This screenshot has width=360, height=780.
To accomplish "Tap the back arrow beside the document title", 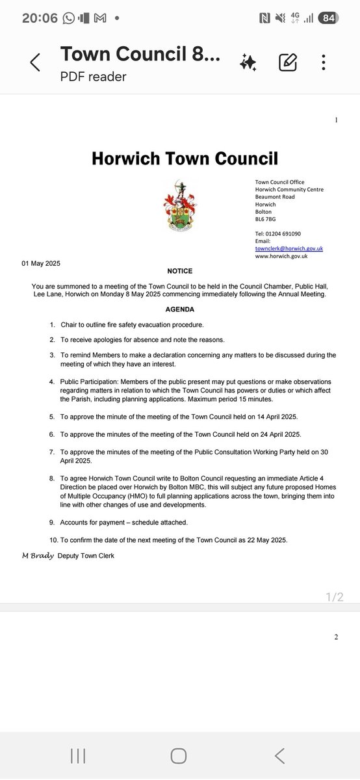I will [35, 62].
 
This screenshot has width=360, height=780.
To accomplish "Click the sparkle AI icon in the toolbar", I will [248, 62].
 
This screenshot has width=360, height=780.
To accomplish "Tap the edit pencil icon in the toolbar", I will [288, 62].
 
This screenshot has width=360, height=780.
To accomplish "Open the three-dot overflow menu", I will [324, 62].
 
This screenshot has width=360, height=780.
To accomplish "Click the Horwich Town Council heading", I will [185, 158].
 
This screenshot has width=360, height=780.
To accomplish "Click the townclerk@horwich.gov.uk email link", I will [289, 248].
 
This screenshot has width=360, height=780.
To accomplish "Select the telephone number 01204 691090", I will [287, 233].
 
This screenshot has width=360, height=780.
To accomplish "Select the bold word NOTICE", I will [179, 271].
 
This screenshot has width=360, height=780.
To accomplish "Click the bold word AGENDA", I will [179, 309].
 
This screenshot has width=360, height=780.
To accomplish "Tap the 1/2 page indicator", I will [335, 596].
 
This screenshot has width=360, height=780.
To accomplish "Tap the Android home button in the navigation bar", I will [179, 755].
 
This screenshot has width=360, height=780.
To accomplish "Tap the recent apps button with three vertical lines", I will [78, 755].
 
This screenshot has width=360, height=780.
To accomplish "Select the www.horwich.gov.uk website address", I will [281, 256].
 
